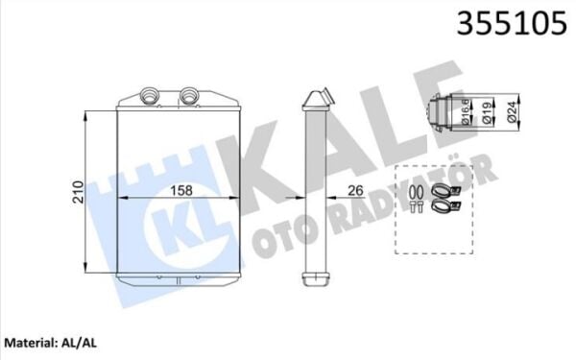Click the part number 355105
tap(512, 23)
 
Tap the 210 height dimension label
tap(79, 192)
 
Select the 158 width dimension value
tap(181, 190)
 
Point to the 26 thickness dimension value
tap(355, 190)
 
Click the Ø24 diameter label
tap(512, 111)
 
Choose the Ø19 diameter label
tap(486, 112)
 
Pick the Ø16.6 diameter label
tap(466, 111)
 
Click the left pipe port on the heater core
tap(151, 95)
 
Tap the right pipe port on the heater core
tap(189, 95)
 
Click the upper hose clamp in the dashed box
tap(445, 191)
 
